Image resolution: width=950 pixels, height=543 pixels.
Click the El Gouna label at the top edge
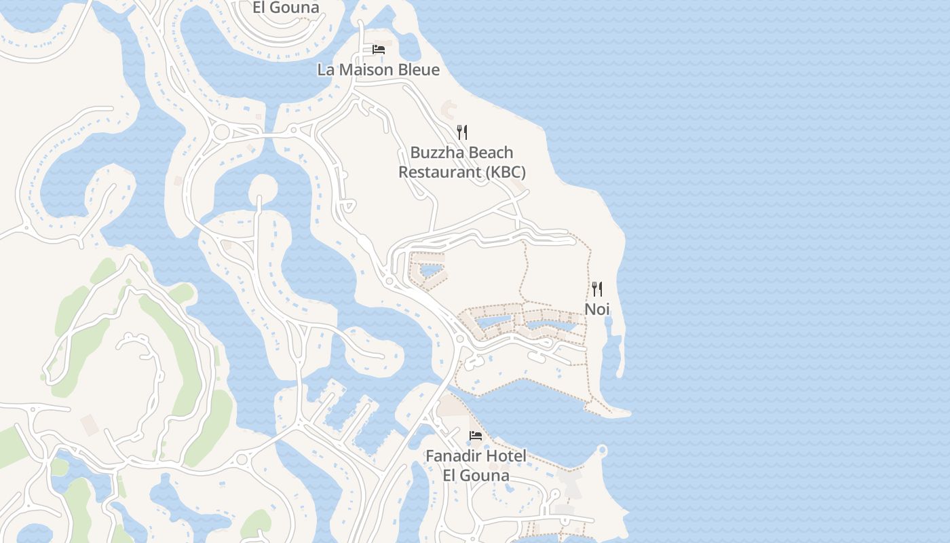[x=286, y=8]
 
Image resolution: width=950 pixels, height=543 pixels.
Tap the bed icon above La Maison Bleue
[x=379, y=50]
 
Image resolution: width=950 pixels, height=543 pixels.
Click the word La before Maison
[x=326, y=70]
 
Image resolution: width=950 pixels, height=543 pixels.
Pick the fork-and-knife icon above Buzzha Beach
[x=462, y=132]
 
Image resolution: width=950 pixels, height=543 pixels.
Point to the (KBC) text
[x=506, y=172]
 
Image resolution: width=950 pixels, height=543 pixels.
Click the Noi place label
[x=597, y=310]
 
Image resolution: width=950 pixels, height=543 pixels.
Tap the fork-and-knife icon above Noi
[x=597, y=289]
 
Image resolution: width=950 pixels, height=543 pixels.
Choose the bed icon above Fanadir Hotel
[x=475, y=435]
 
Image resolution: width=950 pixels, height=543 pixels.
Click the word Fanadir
[x=455, y=456]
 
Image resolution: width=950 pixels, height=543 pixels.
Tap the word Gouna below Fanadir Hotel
[x=485, y=475]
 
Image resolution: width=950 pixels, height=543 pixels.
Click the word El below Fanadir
[x=451, y=475]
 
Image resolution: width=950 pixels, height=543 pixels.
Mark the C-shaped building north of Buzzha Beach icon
[x=449, y=107]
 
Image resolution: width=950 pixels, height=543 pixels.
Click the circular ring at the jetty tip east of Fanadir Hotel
[x=602, y=450]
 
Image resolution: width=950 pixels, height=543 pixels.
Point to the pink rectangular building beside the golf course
[x=90, y=425]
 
